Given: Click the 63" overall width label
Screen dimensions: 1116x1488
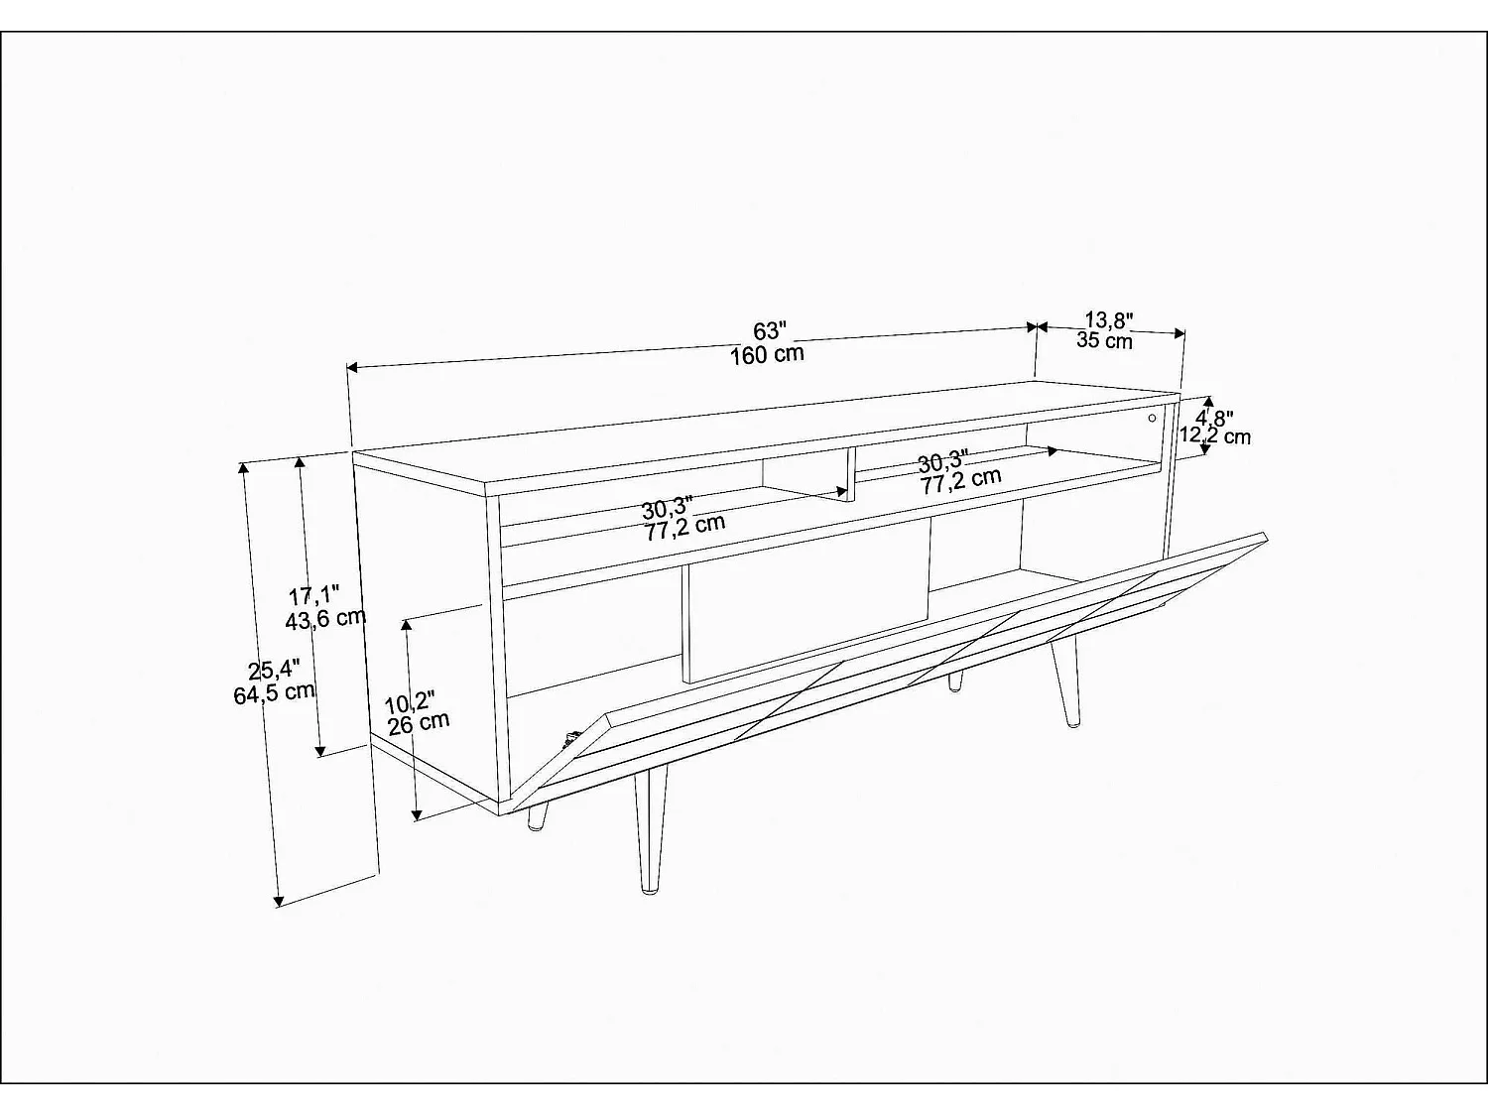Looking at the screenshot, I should [x=769, y=329].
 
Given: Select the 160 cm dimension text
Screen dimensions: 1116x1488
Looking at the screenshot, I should [x=767, y=354].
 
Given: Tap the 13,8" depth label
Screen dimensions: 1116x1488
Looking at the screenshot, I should [x=1108, y=319].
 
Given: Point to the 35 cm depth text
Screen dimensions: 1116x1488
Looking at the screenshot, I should [x=1104, y=341].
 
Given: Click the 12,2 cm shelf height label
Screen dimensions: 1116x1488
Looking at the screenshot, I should [x=1214, y=435].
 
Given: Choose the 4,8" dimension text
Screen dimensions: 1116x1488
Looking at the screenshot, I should [x=1214, y=417].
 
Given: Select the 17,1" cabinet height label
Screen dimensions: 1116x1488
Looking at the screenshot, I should [x=313, y=596].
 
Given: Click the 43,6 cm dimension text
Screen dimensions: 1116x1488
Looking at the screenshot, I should [x=325, y=619].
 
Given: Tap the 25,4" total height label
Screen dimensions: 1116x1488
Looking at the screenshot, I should [x=261, y=670].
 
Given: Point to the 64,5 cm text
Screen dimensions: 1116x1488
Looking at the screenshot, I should [x=275, y=692].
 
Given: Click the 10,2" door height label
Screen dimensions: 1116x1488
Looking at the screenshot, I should [x=409, y=703].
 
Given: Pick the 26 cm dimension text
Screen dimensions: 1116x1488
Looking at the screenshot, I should [x=418, y=723].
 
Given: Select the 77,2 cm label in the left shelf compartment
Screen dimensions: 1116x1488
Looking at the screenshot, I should [x=684, y=528].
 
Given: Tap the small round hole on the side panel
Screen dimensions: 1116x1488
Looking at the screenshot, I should [x=1152, y=419].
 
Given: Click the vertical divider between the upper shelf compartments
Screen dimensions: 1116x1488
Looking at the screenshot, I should [x=850, y=473].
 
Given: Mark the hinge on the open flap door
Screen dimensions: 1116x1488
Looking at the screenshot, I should [x=571, y=738].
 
